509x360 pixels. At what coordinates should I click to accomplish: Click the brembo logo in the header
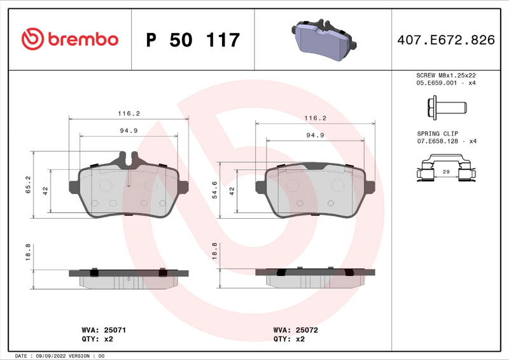(x=70, y=39)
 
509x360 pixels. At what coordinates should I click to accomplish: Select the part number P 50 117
(x=193, y=40)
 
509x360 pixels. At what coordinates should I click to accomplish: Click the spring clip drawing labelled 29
(x=445, y=172)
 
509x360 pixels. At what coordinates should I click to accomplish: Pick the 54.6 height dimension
(x=214, y=190)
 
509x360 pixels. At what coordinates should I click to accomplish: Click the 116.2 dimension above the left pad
(x=129, y=113)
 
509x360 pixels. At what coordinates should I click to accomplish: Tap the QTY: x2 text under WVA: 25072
(x=290, y=340)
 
